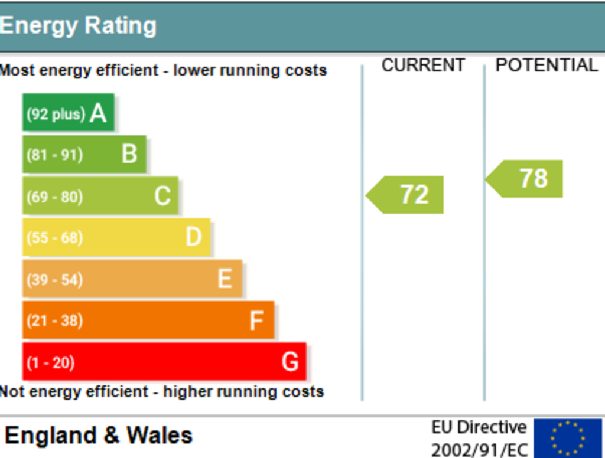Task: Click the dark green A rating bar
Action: [x=69, y=112]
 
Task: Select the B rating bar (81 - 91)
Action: [x=84, y=154]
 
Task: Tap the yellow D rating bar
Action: [x=116, y=237]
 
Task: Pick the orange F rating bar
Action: [x=148, y=320]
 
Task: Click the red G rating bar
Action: [x=164, y=361]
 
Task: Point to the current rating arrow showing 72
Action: [x=404, y=195]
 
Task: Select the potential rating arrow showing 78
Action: [x=523, y=179]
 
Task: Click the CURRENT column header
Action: [x=423, y=65]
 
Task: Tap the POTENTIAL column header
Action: [x=547, y=65]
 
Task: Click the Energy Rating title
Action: [x=79, y=26]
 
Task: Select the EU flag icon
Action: [x=568, y=439]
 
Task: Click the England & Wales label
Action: [x=99, y=435]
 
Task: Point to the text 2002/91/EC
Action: [x=479, y=450]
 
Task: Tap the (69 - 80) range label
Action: [x=54, y=197]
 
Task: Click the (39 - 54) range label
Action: [x=54, y=280]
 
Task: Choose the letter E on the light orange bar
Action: [x=225, y=279]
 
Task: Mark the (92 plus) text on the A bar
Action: [x=56, y=114]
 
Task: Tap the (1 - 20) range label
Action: [x=50, y=363]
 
